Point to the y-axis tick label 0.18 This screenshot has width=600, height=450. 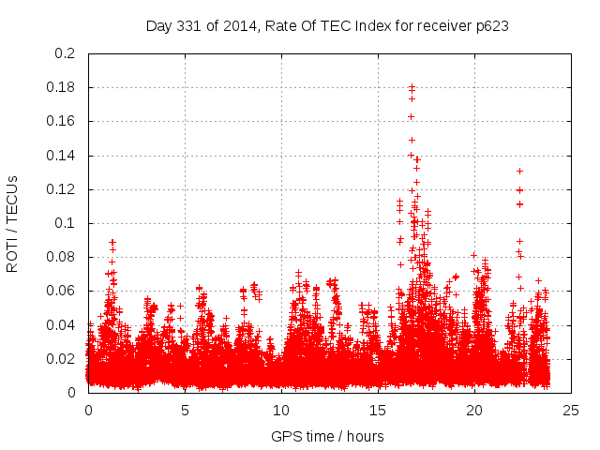point(62,87)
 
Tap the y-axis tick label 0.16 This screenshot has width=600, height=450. point(62,121)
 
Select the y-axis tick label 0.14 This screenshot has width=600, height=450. point(62,155)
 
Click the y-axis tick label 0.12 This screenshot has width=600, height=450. point(62,189)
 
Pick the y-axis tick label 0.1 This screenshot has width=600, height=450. point(66,223)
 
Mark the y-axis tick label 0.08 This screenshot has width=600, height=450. point(62,257)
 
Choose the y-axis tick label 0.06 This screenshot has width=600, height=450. point(62,291)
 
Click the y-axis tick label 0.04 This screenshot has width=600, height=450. point(62,324)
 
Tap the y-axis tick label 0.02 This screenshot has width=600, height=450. point(62,359)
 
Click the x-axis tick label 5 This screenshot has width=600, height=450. point(185,411)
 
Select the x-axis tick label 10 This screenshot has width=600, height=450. point(281,411)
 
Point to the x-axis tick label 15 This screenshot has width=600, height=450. point(378,411)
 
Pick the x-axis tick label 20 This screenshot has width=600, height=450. point(474,411)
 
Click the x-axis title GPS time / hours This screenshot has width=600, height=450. point(328,436)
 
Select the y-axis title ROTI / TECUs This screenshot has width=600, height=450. point(12,223)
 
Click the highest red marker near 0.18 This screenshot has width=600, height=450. point(412,86)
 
